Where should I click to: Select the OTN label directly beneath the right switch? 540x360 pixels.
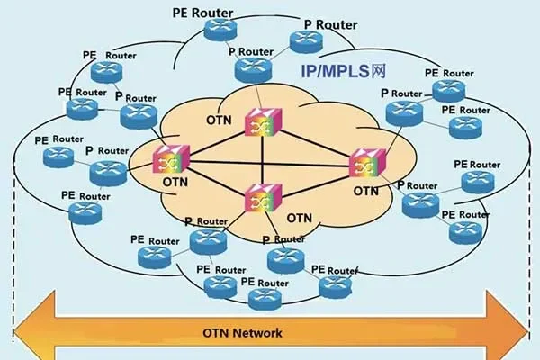pos(366,191)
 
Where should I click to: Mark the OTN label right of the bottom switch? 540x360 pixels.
pos(300,218)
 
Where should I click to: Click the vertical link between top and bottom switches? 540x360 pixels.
pos(262,162)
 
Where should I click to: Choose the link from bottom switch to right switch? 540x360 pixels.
pos(315,181)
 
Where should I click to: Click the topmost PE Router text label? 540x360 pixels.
pos(202,14)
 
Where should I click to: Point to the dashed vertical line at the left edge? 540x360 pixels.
pos(14,234)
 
